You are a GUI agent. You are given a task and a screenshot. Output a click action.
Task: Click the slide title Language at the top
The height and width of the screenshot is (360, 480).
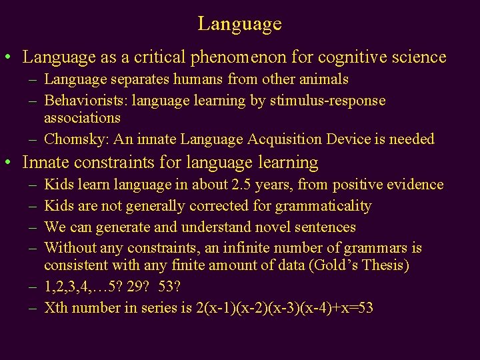239,24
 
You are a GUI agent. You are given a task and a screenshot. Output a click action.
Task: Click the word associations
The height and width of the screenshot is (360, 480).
82,118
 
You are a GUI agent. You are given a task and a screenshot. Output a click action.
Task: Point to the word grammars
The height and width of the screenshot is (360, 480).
375,248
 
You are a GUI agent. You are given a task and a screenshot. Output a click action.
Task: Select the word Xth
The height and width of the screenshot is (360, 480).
56,307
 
